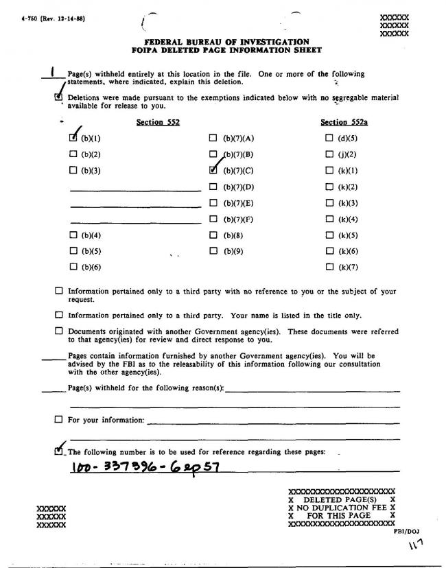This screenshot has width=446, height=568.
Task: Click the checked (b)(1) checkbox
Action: tap(73, 139)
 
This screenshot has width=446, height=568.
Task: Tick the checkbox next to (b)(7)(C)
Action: tap(213, 170)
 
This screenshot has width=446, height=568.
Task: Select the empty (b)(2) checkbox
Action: tap(73, 154)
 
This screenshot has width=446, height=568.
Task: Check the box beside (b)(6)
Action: tap(73, 267)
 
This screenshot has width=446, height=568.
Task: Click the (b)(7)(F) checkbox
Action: tap(213, 220)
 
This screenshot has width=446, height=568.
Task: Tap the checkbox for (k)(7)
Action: tap(330, 267)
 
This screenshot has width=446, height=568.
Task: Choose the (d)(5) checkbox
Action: tap(330, 139)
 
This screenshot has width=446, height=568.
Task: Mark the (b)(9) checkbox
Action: tap(213, 251)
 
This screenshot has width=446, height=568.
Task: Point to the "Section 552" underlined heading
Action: tap(154, 122)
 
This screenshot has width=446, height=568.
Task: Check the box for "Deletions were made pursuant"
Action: tap(58, 97)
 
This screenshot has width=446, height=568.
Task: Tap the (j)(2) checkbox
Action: tap(330, 154)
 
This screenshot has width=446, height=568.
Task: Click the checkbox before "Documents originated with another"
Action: tap(58, 331)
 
